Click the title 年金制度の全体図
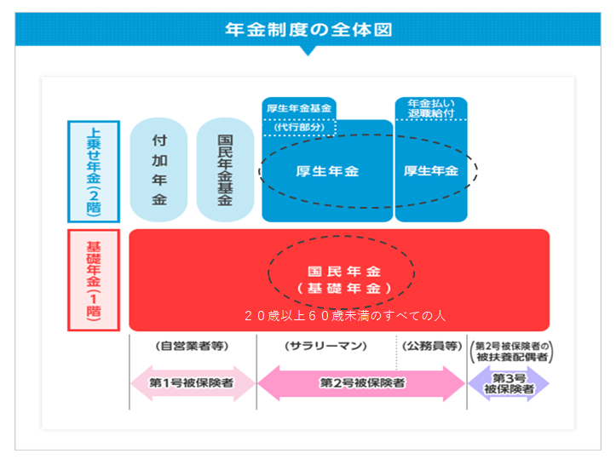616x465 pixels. pos(308,30)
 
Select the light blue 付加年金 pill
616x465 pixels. pos(158,169)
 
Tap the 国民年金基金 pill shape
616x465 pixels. pos(225,169)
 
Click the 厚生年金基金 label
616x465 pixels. pos(299,108)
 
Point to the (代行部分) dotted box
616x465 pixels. pos(299,127)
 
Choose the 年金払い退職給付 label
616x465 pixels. pos(431,108)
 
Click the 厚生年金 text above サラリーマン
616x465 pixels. pos(327,171)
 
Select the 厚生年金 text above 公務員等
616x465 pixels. pos(431,171)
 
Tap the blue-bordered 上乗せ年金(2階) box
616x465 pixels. pos(94,172)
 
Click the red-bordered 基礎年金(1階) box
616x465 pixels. pos(94,280)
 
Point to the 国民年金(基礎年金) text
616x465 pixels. pos(344,279)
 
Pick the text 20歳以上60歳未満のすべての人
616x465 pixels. pos(345,316)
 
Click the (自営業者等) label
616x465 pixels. pos(192,346)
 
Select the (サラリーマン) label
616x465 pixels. pos(325,346)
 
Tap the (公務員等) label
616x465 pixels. pos(432,346)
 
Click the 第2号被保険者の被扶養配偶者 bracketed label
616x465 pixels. pos(511,352)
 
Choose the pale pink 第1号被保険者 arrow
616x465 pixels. pos(193,383)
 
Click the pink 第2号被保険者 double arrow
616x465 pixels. pos(361,383)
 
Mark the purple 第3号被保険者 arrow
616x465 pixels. pos(509,384)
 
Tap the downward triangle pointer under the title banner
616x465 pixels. pos(308,50)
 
